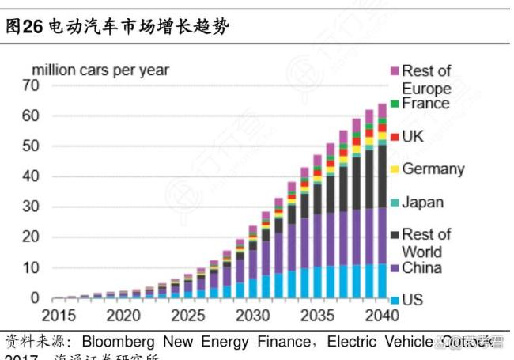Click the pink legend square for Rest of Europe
(x=394, y=71)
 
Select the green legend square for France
(x=394, y=104)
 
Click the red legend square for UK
(x=394, y=137)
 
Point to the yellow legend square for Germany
(x=394, y=169)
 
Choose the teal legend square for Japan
(x=394, y=203)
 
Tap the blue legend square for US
(x=394, y=301)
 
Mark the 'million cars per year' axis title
(x=100, y=70)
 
